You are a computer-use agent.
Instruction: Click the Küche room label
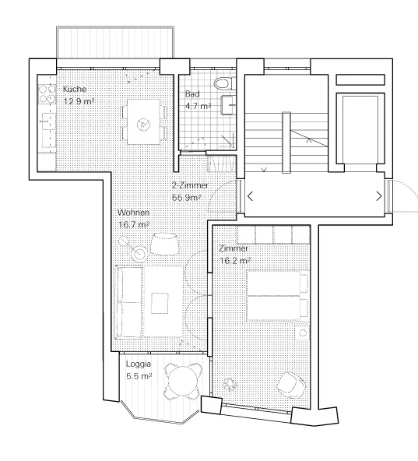75,90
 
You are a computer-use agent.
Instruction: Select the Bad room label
191,94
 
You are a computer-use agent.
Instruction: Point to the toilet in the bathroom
222,83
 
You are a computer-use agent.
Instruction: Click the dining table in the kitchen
143,122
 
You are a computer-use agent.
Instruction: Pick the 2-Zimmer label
189,186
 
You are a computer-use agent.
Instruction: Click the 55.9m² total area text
190,199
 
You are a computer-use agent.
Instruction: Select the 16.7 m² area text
133,225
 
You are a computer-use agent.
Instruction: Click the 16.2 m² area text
235,260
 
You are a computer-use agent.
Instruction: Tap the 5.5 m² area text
138,376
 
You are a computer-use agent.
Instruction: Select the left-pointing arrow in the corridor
250,196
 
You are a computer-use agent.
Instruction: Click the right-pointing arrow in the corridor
378,196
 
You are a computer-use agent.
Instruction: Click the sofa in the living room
129,298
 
